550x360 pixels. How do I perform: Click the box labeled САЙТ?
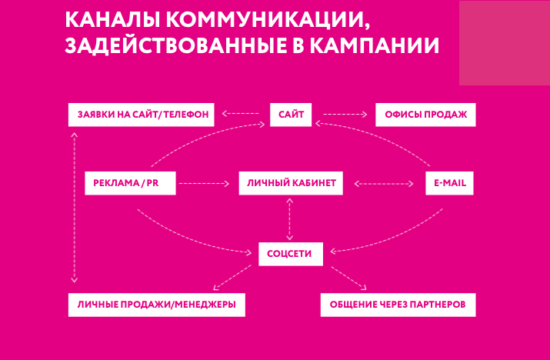tap(291, 115)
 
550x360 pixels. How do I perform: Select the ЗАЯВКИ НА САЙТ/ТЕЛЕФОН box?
tap(142, 115)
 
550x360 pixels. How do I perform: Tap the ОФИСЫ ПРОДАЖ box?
tap(425, 115)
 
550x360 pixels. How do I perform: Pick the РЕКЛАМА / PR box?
tap(130, 183)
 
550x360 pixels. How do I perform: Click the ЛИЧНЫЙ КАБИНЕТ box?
tap(289, 183)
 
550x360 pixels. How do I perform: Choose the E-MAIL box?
tap(450, 183)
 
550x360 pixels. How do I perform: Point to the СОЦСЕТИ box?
tap(289, 252)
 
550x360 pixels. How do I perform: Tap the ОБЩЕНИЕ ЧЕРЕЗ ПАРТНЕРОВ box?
tap(397, 305)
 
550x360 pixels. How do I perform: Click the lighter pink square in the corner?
tap(504, 42)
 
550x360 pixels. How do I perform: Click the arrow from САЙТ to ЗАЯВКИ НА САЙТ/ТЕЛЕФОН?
tap(241, 115)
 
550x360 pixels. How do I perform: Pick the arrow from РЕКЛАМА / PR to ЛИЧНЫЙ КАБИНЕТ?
tap(204, 183)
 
